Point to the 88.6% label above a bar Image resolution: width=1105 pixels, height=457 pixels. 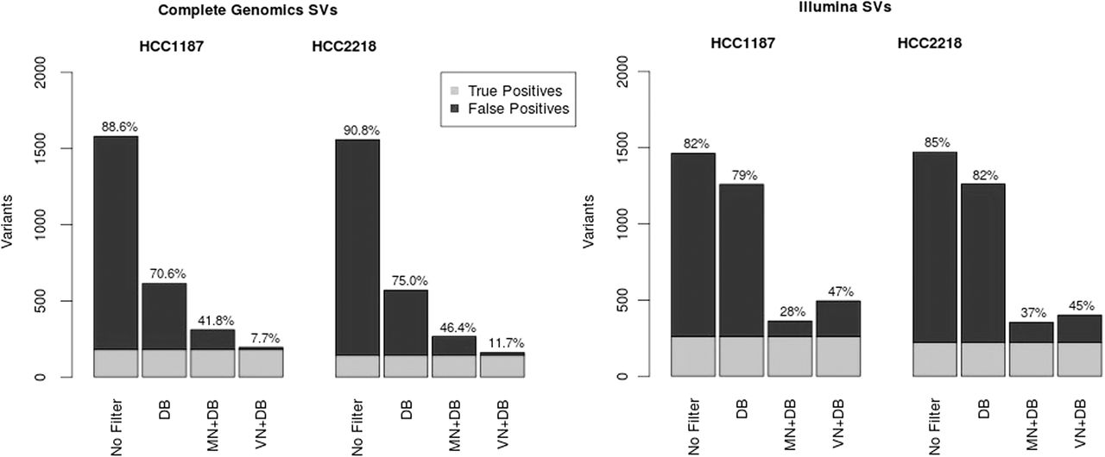click(x=116, y=127)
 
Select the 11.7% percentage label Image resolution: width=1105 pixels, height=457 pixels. click(x=501, y=343)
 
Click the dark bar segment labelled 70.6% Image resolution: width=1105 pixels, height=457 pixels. click(x=164, y=316)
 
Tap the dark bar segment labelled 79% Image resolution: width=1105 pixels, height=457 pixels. click(x=740, y=260)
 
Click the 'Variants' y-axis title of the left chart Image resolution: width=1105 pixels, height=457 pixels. click(x=8, y=224)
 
